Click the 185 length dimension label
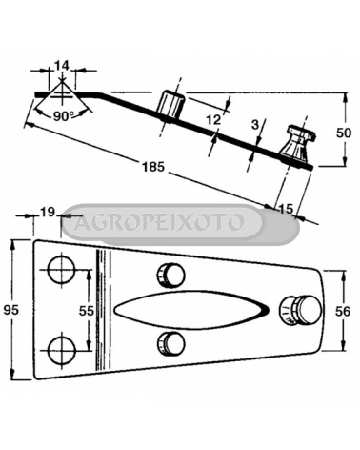153,167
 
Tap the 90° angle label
64,116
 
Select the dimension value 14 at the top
62,66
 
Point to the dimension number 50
344,133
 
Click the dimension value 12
213,120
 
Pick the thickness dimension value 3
255,125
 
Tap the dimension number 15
286,209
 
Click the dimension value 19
49,212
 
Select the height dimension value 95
11,310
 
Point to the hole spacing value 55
87,311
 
